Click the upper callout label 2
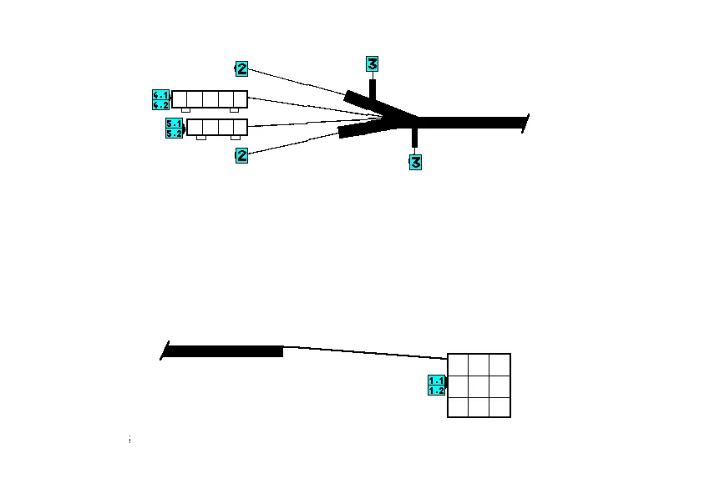tap(241, 68)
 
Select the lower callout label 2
tap(241, 154)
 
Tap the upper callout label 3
tap(373, 63)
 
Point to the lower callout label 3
tap(415, 162)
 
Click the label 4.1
tap(161, 95)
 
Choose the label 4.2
tap(161, 104)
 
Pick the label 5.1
tap(175, 124)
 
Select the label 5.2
tap(175, 133)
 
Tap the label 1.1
tap(437, 381)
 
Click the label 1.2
tap(437, 391)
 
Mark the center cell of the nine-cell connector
tap(479, 386)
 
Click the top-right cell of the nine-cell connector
tap(500, 365)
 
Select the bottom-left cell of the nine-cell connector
tap(458, 406)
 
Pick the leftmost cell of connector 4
tap(180, 99)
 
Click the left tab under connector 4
tap(185, 110)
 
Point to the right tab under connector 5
tap(236, 138)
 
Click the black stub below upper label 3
tap(373, 89)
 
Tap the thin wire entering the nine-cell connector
tap(368, 352)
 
